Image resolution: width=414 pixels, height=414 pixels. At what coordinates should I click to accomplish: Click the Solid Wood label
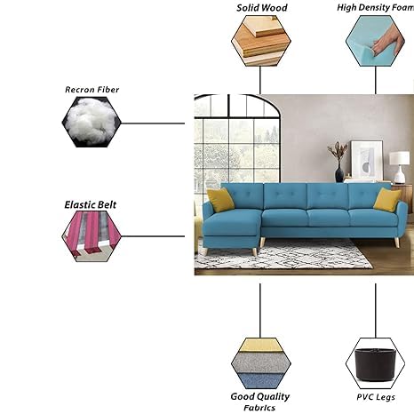click(262, 8)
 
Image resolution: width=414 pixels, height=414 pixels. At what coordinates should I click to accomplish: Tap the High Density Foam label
click(376, 8)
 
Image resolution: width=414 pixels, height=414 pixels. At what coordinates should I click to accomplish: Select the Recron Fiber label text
click(92, 90)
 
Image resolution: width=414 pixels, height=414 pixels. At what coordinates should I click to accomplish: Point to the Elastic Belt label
click(91, 204)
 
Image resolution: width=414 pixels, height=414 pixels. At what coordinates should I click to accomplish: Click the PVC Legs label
click(376, 397)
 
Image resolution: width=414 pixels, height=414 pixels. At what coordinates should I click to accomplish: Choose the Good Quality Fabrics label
click(260, 402)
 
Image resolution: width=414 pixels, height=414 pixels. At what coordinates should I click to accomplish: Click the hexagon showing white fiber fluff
click(92, 122)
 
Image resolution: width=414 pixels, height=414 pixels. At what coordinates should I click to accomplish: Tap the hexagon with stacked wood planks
click(261, 41)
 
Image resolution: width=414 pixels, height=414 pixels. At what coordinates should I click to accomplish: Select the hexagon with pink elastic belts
click(92, 236)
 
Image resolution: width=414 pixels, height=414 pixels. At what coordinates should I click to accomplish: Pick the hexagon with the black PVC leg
click(375, 363)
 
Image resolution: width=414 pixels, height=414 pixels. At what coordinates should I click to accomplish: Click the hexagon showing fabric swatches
click(261, 363)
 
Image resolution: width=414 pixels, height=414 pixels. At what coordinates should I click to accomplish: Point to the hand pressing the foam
click(388, 40)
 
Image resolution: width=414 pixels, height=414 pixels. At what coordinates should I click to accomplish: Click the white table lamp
click(400, 167)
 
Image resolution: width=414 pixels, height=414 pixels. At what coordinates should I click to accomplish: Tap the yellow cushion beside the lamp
click(387, 200)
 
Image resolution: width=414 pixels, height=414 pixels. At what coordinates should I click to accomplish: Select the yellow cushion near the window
click(220, 200)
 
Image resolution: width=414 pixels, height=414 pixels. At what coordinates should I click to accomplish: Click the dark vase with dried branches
click(338, 162)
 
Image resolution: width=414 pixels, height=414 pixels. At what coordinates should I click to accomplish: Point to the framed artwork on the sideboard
click(367, 160)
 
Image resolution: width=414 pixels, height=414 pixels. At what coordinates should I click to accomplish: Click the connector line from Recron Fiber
click(153, 123)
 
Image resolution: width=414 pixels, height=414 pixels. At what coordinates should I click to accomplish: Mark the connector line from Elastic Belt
click(153, 236)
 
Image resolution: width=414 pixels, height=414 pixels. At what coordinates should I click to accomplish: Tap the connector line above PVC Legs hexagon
click(376, 311)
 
